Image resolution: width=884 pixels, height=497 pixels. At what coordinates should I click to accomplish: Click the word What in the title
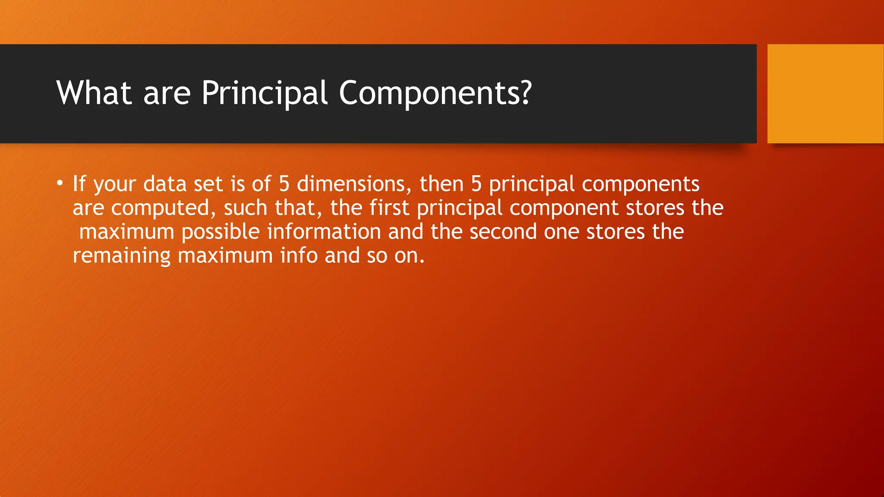94,93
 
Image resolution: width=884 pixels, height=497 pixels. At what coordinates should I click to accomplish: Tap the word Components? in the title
435,93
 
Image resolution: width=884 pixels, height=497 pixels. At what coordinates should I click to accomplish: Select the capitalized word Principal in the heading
264,93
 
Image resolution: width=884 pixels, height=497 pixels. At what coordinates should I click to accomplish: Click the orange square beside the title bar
825,94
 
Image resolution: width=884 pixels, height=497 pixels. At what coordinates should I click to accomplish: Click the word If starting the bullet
79,184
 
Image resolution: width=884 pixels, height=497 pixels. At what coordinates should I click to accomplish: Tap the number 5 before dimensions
284,184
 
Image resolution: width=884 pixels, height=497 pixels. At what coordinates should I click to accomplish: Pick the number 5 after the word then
476,184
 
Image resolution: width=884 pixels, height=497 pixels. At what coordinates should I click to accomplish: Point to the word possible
220,232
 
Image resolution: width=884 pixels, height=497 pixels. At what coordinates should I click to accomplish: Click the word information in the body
324,232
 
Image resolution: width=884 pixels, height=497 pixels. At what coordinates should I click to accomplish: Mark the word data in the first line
164,184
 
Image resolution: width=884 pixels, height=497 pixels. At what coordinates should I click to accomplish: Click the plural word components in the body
641,184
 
